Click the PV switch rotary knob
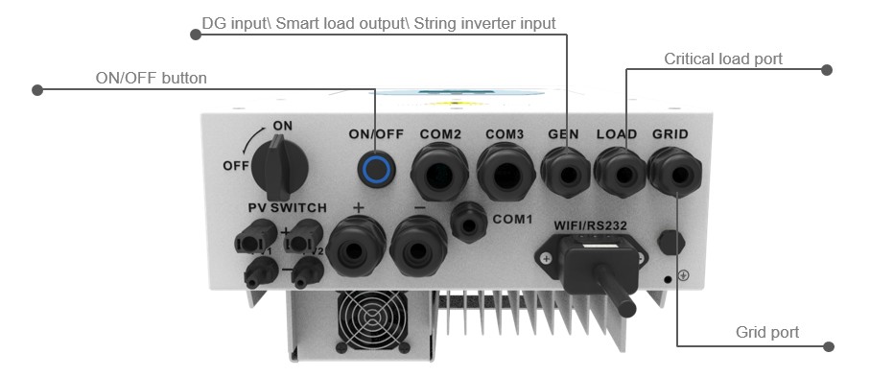pos(280,167)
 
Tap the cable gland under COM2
pos(439,173)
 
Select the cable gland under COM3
pos(506,173)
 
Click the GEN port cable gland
pos(566,173)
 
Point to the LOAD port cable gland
pos(621,174)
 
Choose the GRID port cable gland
pos(674,174)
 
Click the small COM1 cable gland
pos(469,223)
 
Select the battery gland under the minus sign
pos(418,246)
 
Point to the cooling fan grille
pos(372,320)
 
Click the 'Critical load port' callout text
pos(723,59)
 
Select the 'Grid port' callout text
pos(767,332)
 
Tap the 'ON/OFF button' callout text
pos(151,79)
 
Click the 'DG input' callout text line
pos(378,23)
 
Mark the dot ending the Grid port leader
pos(829,346)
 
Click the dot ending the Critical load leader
pos(827,69)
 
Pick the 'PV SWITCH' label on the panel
pos(288,208)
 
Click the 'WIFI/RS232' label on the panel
pos(590,226)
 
